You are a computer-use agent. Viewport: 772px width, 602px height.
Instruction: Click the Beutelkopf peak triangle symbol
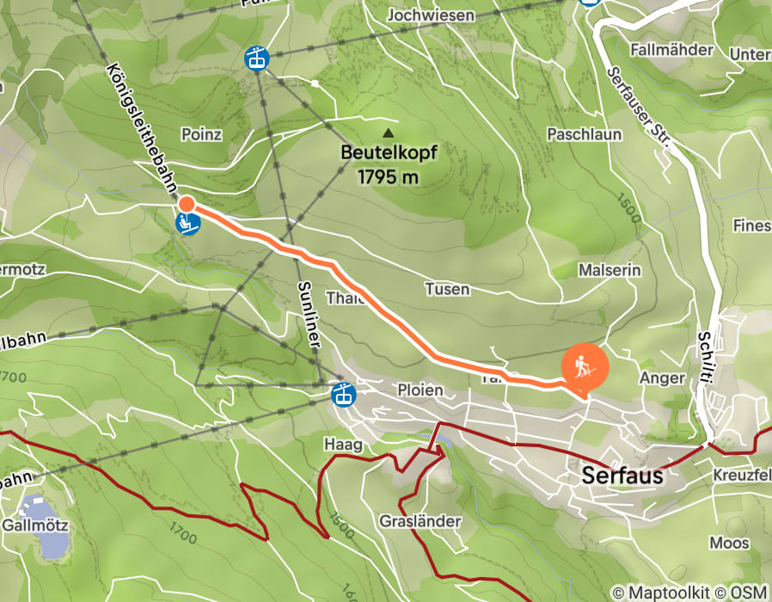click(389, 133)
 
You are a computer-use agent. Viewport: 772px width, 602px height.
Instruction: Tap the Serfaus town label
click(622, 475)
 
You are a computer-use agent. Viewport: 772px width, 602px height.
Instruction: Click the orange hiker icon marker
click(585, 367)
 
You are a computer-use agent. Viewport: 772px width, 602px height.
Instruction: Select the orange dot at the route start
click(186, 204)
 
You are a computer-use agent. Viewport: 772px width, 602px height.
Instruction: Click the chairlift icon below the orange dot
click(188, 224)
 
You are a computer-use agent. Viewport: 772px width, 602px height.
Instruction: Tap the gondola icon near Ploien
click(344, 395)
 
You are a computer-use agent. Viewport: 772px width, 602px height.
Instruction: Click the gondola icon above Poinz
click(256, 58)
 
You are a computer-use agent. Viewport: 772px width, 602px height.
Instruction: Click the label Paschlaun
click(584, 135)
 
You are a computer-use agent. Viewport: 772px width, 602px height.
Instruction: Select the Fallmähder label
click(671, 50)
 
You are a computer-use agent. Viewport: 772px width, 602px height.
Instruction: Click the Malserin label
click(610, 270)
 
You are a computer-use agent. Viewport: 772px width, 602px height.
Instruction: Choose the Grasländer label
click(420, 521)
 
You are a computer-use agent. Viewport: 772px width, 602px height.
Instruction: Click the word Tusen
click(447, 289)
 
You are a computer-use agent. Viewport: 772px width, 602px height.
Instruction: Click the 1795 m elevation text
click(389, 178)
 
